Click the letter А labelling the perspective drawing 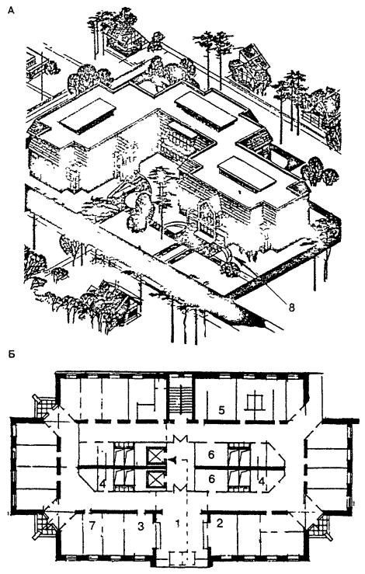point(12,11)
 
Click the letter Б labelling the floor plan point(12,354)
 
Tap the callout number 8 point(291,307)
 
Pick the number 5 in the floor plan point(221,410)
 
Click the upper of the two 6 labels point(210,454)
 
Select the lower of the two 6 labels point(210,478)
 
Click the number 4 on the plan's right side point(262,481)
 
